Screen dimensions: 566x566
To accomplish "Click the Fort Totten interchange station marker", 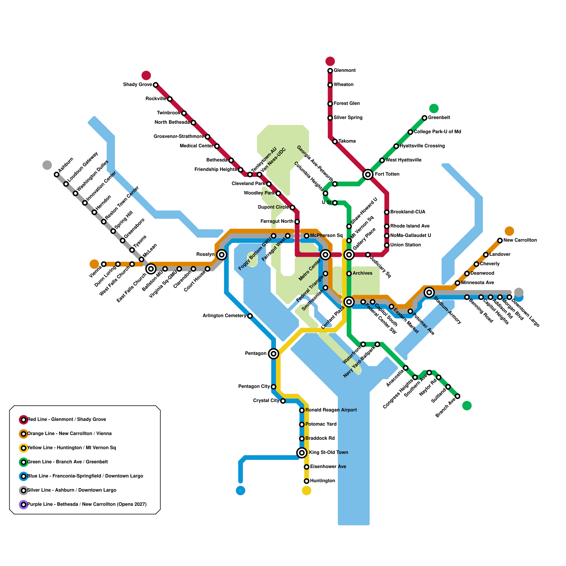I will point(368,174).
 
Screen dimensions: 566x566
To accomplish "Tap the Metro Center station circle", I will point(325,255).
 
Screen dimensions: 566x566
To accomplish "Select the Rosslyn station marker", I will point(222,255).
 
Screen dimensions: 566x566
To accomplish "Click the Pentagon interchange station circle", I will point(273,353).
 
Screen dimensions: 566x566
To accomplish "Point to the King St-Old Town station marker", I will point(302,452).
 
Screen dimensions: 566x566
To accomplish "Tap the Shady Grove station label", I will point(137,85).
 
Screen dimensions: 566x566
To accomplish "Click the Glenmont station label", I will point(345,70).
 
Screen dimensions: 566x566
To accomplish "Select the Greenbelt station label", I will point(439,117).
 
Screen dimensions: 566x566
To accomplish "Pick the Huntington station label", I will point(322,481).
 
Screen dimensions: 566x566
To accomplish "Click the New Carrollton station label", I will point(520,240).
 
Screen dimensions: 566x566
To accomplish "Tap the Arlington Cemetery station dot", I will point(250,316).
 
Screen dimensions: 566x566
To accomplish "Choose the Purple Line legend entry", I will point(87,504).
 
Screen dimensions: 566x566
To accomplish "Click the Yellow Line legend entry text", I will point(71,447).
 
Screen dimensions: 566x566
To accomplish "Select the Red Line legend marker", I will point(23,420).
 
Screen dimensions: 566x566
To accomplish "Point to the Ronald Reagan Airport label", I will point(331,410).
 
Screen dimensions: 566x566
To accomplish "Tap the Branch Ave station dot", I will point(457,396).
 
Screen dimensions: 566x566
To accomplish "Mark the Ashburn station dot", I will point(57,174).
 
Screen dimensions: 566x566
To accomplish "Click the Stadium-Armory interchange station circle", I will point(429,292).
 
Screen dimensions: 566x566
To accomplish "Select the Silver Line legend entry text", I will point(71,490).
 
